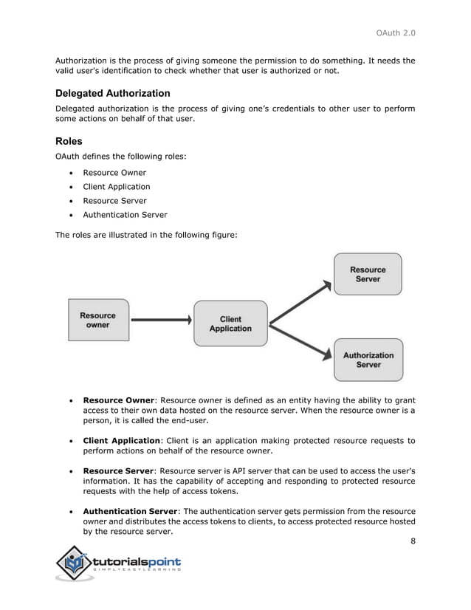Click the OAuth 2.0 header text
395,32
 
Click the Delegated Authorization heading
113,94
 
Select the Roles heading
69,141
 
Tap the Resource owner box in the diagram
97,320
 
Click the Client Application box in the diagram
230,324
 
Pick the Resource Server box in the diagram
368,275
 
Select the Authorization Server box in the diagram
368,360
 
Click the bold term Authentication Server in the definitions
131,511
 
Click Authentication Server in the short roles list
125,215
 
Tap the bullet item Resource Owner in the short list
114,173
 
